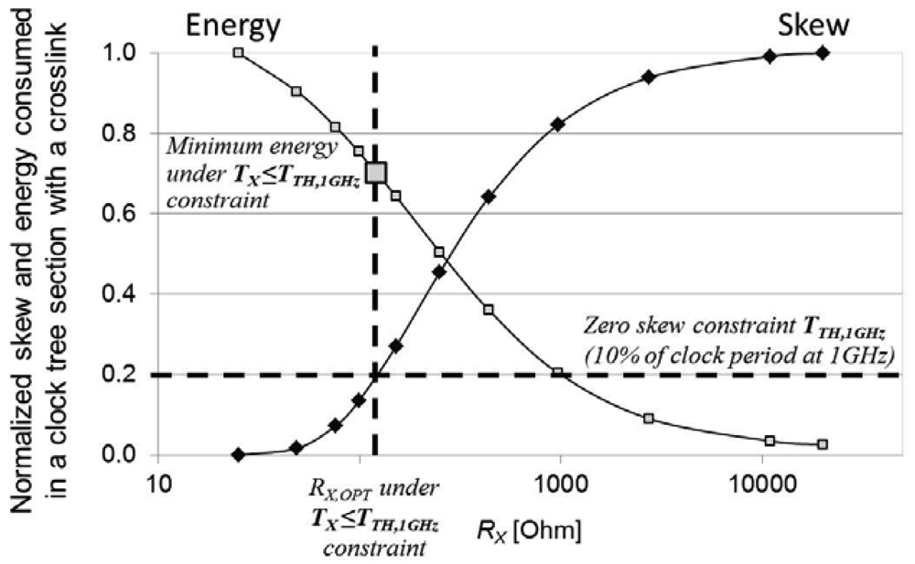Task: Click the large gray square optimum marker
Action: coord(376,172)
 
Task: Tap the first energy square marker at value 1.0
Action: coord(239,53)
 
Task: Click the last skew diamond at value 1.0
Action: coord(822,53)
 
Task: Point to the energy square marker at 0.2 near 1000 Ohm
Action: coord(557,373)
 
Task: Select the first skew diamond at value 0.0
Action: coord(239,454)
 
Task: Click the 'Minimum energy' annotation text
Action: coord(247,145)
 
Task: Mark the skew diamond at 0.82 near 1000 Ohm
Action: coord(556,124)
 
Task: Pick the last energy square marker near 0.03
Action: coord(822,444)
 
